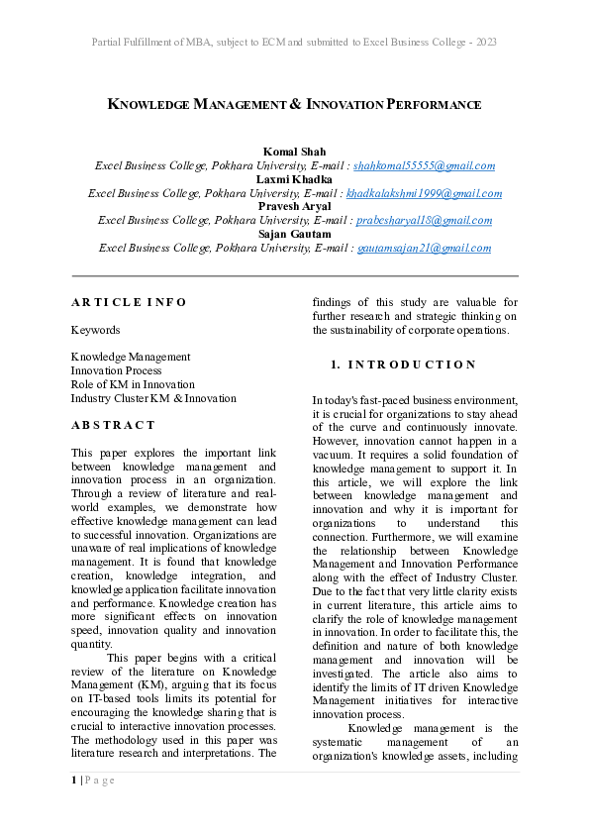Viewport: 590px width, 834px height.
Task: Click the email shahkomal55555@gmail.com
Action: (424, 165)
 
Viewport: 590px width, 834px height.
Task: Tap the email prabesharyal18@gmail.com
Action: (424, 221)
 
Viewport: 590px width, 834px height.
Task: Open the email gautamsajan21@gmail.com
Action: (424, 249)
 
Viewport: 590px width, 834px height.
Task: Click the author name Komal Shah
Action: (295, 152)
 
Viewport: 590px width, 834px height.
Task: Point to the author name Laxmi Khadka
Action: (295, 179)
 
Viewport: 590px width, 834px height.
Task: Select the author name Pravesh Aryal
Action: (295, 207)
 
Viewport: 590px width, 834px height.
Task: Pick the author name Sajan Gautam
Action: (295, 235)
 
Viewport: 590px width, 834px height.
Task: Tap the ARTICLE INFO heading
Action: (129, 302)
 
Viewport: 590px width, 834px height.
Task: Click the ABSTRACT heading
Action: (113, 425)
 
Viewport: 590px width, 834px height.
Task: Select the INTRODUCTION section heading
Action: (412, 365)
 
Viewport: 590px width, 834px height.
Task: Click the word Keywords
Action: (95, 330)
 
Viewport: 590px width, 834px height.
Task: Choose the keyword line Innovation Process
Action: (116, 370)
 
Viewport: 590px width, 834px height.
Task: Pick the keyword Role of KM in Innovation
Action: (133, 384)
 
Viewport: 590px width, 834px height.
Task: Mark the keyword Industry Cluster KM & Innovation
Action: (153, 398)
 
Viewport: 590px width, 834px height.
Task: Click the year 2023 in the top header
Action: (485, 43)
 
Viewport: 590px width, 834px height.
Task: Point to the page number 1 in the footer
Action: (73, 781)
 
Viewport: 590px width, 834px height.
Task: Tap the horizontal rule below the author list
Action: (295, 275)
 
